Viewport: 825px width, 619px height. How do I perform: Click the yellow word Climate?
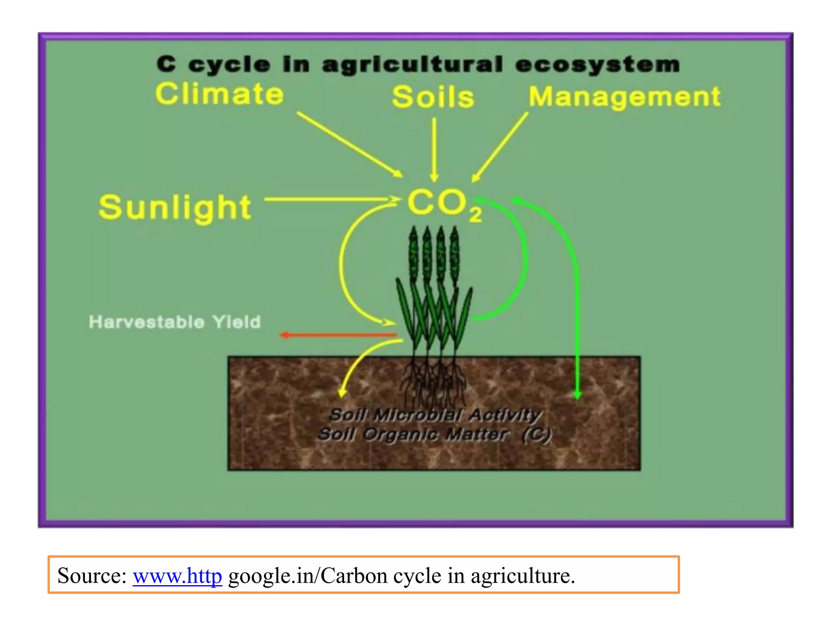coord(220,94)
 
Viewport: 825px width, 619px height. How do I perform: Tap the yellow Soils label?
coord(433,97)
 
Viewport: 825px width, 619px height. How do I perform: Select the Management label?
coord(624,97)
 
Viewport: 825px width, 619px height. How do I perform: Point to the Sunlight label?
coord(175,207)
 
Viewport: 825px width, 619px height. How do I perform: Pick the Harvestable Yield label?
coord(174,322)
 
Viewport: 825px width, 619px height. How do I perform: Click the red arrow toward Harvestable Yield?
coord(338,334)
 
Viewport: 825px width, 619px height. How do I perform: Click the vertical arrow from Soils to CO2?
coord(434,149)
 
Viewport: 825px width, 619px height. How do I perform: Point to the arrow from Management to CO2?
coord(500,147)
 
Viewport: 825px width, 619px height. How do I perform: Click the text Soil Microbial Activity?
coord(435,414)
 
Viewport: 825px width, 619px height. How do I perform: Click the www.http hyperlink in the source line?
coord(177,575)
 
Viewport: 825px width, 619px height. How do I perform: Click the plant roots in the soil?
coord(433,383)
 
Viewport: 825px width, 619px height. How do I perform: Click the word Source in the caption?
coord(91,575)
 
